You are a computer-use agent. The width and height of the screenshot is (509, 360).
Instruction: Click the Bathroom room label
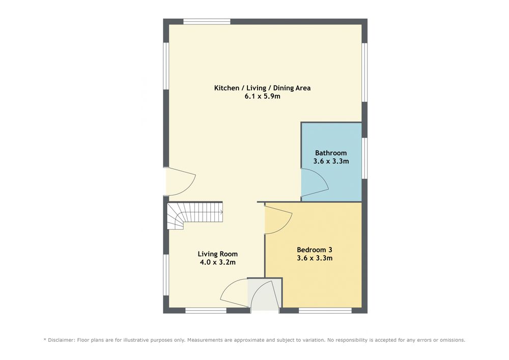pos(331,153)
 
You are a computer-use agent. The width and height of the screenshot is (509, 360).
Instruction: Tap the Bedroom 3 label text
pos(314,250)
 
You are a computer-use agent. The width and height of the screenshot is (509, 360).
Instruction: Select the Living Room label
pos(217,254)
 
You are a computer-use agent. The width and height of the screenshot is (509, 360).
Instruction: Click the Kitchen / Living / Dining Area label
pos(262,88)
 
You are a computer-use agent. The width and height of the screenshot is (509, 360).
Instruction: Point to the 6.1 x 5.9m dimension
pos(262,96)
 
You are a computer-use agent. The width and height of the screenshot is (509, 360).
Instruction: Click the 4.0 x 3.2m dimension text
pos(217,262)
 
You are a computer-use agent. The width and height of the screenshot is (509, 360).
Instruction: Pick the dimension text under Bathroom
pos(331,161)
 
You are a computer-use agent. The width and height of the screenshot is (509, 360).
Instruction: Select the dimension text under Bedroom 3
pos(314,258)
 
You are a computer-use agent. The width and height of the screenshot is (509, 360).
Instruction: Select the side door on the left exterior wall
pos(181,181)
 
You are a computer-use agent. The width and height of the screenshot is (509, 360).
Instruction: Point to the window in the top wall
pos(207,22)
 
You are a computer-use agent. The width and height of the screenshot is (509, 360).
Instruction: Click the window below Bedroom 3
pos(325,311)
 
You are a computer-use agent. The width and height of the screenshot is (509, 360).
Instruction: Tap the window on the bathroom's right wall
pos(364,158)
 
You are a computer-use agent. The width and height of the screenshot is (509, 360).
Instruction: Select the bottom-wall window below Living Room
pos(206,311)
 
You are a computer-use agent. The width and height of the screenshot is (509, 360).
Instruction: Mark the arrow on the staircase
pos(221,212)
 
